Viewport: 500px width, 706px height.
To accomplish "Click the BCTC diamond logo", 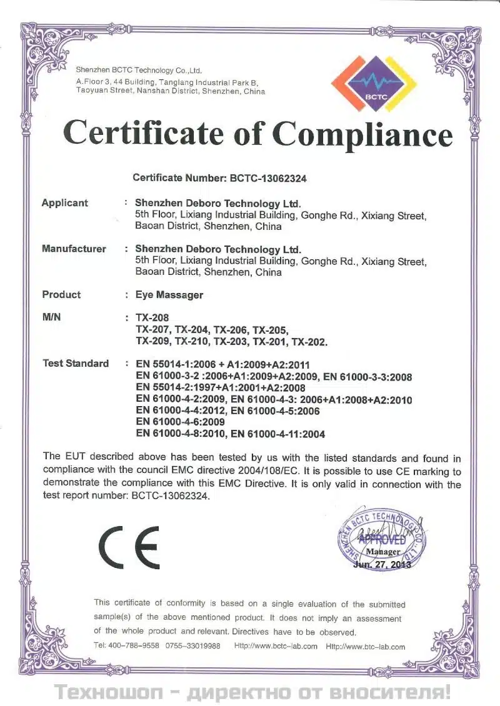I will (374, 83).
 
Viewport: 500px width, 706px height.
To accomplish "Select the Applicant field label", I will (64, 203).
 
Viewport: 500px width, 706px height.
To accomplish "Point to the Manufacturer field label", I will (74, 249).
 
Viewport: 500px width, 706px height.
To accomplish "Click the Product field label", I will (61, 294).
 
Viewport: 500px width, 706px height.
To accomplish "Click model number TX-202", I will (309, 341).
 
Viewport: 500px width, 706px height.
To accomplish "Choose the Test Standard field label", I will (75, 364).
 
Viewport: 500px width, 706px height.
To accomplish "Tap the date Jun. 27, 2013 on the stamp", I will (382, 564).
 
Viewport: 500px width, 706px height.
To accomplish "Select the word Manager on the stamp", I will (383, 552).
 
